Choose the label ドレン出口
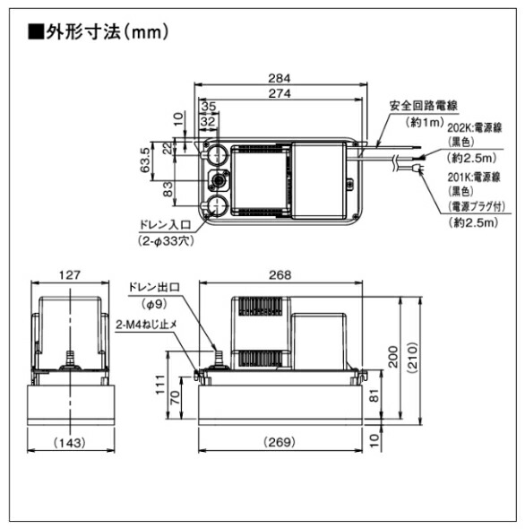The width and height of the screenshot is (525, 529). click(x=154, y=287)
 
